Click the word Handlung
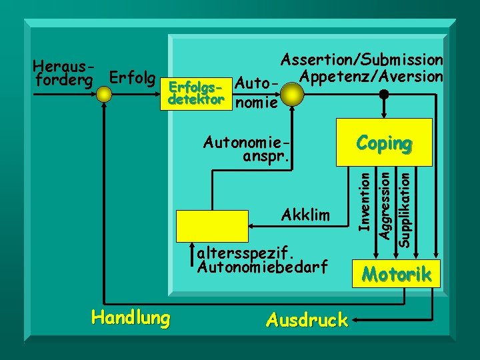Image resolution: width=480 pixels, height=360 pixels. [x=131, y=318]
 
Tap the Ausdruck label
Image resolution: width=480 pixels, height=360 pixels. [x=307, y=320]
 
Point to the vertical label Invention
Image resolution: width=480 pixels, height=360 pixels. [x=364, y=199]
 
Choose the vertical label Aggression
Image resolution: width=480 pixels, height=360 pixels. [x=384, y=202]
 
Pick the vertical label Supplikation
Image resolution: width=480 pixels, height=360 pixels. [x=403, y=207]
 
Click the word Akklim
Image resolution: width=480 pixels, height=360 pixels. [x=306, y=215]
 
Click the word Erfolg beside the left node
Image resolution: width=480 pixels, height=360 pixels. [x=133, y=77]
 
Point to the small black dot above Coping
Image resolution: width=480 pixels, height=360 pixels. [x=384, y=95]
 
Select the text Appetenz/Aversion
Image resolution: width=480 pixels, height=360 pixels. [x=371, y=77]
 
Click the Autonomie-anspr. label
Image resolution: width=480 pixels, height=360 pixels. [x=248, y=150]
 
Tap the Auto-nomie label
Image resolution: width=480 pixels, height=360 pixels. [x=257, y=93]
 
